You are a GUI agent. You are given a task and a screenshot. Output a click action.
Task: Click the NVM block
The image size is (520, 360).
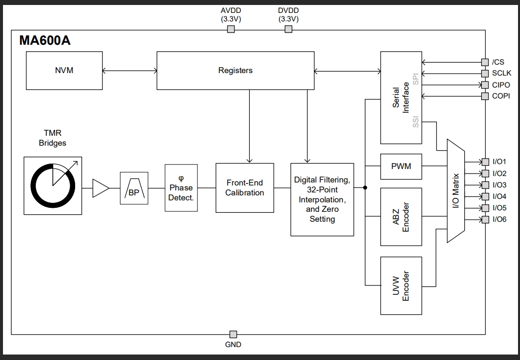pos(64,71)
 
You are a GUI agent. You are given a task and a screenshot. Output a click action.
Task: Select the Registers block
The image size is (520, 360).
pos(235,71)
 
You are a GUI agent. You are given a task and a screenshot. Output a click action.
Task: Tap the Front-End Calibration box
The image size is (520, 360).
pos(244,188)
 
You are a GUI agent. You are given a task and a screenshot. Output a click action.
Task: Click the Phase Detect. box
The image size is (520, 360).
pos(181,188)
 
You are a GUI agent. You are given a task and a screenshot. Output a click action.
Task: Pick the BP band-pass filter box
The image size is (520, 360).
pos(134,188)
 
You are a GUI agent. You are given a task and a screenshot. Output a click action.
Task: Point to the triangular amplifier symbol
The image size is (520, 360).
pos(101,188)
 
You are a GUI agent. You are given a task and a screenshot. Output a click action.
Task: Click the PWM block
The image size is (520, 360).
pos(401,166)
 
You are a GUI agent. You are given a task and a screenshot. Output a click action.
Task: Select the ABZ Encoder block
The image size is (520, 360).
pos(401,217)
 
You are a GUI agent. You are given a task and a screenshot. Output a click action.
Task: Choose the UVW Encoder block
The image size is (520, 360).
pos(401,286)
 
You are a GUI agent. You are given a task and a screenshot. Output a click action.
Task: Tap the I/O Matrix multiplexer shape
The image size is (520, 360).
pos(455,191)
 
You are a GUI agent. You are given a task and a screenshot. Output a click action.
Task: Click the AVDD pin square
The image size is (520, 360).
pos(231,29)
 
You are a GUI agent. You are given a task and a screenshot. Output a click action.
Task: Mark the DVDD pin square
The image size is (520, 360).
pos(288,29)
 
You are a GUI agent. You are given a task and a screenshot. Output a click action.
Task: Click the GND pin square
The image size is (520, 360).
pos(232,334)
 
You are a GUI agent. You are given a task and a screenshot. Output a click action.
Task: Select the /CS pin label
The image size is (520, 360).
pos(498,62)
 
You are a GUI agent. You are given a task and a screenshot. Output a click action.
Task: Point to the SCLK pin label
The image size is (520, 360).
pos(501,74)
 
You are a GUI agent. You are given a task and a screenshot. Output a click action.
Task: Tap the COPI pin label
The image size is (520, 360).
pos(501,96)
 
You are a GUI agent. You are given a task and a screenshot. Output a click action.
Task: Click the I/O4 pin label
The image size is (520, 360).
pos(500,196)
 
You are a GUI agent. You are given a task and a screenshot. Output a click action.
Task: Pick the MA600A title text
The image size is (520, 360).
pos(45,41)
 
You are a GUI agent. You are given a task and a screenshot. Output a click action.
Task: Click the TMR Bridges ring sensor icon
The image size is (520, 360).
pos(53,185)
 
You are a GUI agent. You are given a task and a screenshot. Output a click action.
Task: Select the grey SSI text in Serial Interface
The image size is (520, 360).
pos(416,122)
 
